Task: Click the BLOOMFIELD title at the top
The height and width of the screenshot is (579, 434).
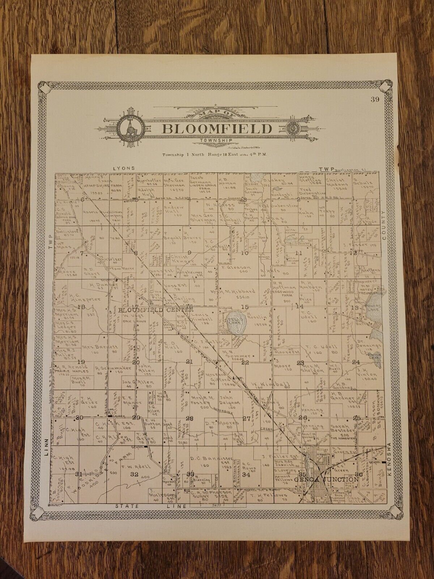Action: [x=217, y=128]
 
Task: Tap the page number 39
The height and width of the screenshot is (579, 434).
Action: [x=375, y=100]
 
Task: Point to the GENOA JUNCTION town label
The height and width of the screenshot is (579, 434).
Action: [x=326, y=479]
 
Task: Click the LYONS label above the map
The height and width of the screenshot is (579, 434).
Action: [x=124, y=168]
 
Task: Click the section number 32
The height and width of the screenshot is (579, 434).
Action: [x=135, y=474]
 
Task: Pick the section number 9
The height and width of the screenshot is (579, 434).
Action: [x=189, y=252]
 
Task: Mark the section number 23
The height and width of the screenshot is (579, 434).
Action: [x=300, y=363]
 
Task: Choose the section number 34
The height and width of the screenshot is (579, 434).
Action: [x=246, y=474]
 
